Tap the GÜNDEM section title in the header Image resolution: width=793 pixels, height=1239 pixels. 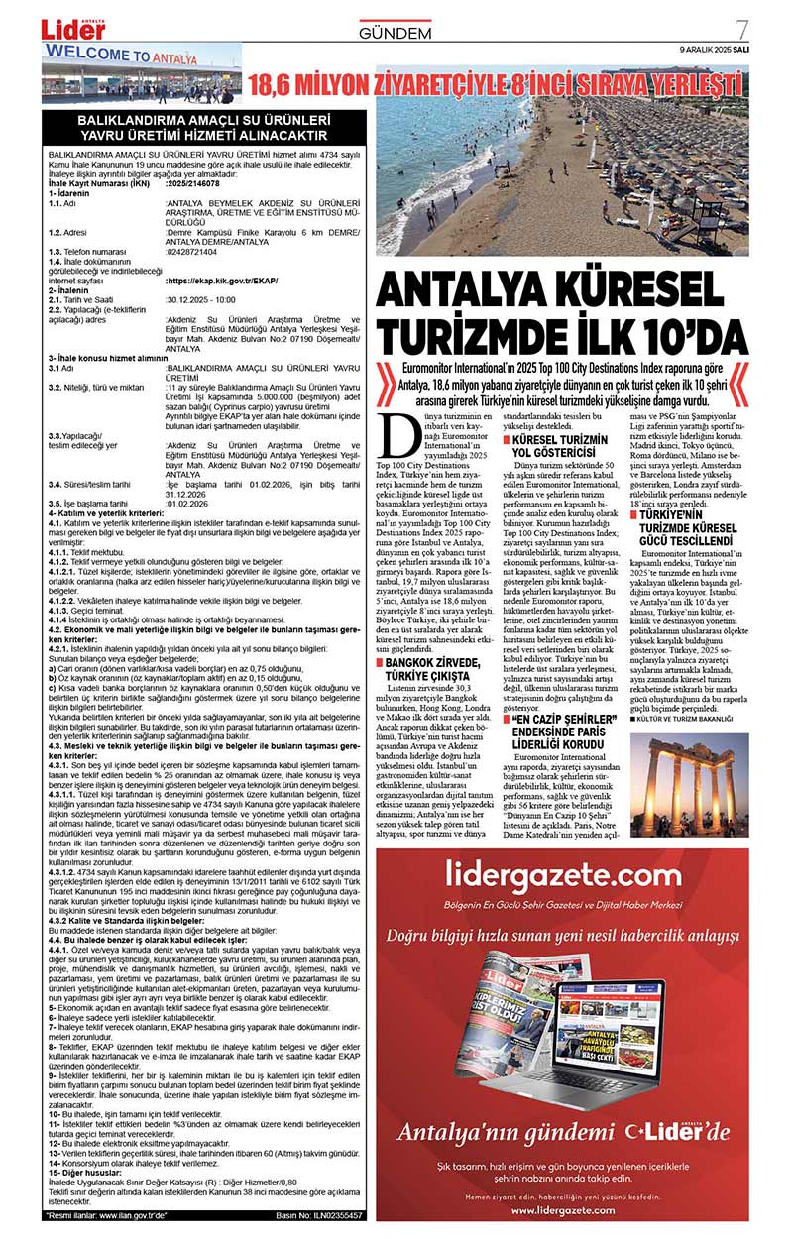coord(396,34)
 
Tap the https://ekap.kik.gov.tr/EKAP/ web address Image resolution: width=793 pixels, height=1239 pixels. coord(221,281)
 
